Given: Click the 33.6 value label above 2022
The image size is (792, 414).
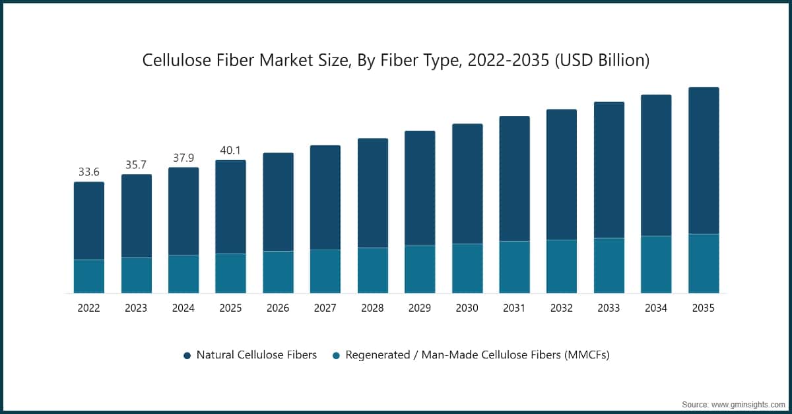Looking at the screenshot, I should (88, 172).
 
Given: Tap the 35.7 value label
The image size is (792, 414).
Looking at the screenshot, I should (136, 164).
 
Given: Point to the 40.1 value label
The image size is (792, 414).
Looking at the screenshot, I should (230, 150).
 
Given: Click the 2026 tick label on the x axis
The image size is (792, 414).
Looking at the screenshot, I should (278, 308).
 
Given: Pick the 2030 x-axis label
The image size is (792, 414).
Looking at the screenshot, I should (467, 308).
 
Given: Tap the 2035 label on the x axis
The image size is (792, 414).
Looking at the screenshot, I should (704, 308).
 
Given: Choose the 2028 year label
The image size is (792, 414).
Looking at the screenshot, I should (372, 308).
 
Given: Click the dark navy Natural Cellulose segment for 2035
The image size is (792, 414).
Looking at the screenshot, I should (704, 160).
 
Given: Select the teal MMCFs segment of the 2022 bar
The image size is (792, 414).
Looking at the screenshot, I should (88, 276).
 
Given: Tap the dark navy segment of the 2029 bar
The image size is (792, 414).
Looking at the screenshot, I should (420, 188).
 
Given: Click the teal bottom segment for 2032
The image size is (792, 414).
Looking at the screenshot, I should (562, 266).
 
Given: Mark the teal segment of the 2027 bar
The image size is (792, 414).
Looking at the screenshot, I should (325, 271).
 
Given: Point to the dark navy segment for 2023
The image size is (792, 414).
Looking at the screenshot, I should (136, 216).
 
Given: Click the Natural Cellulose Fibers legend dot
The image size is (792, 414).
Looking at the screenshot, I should (187, 355).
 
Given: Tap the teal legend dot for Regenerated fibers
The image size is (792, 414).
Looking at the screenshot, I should (336, 355).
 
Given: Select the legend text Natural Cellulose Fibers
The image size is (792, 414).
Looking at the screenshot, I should (257, 355).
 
